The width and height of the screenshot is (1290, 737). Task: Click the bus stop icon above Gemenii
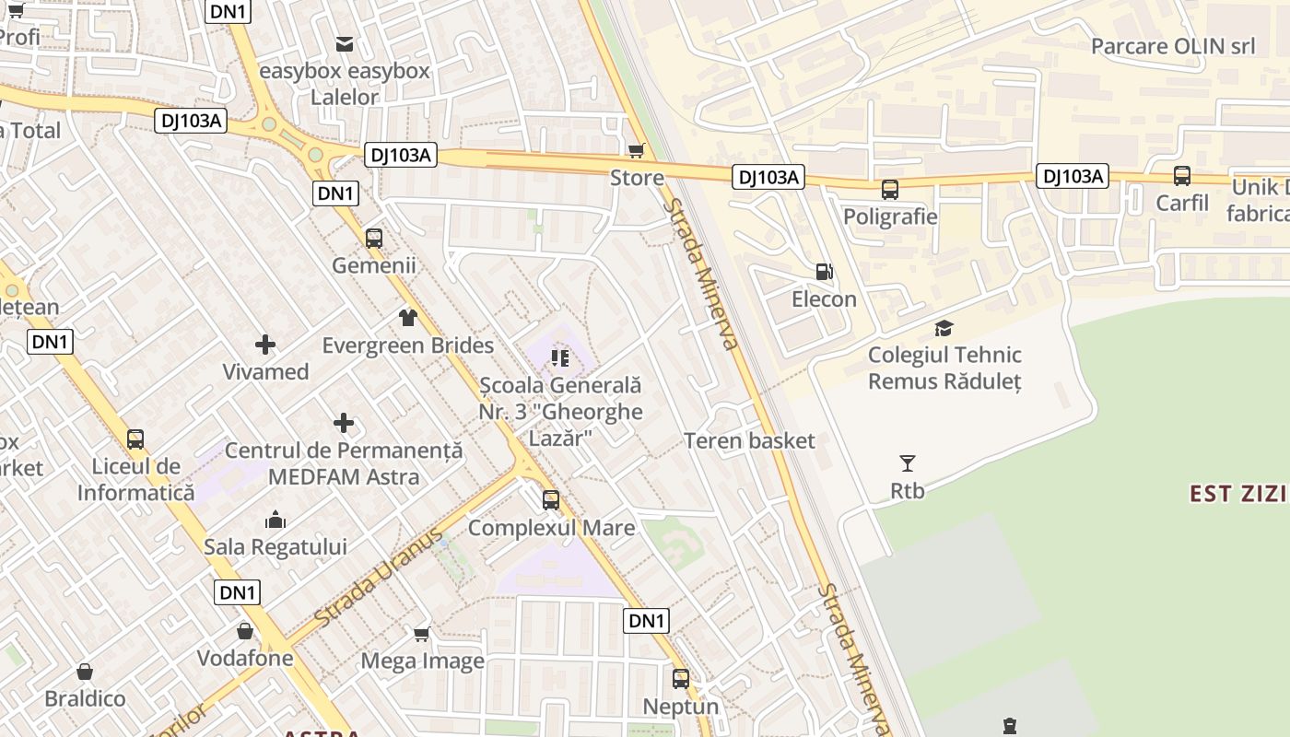pos(374,239)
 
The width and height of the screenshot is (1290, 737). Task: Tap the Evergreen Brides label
pos(407,345)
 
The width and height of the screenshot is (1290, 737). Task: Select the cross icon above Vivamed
pos(265,345)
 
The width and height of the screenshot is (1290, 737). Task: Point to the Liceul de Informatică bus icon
pos(135,439)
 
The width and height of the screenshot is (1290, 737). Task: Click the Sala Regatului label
pos(275,547)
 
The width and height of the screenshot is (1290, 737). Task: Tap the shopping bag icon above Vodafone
pos(245,631)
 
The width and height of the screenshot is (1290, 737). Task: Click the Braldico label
pos(85,698)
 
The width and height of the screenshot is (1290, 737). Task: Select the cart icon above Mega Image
pos(422,634)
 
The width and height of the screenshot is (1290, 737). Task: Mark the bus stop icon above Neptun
pos(681,679)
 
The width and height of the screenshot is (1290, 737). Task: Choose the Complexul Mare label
pos(551,528)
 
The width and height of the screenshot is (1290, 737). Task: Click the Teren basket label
pos(749,440)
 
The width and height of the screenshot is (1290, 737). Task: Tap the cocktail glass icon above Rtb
pos(908,463)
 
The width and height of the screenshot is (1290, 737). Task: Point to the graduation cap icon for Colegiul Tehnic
pos(944,328)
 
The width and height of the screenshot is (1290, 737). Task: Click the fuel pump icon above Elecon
pos(824,272)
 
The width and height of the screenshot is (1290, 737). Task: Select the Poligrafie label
pos(890,216)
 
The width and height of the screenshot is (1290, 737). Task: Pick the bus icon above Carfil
pos(1182,176)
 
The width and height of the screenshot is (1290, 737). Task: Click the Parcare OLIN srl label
pos(1172,46)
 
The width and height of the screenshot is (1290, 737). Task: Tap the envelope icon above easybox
pos(345,43)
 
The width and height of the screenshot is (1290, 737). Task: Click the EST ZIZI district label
pos(1237,493)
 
